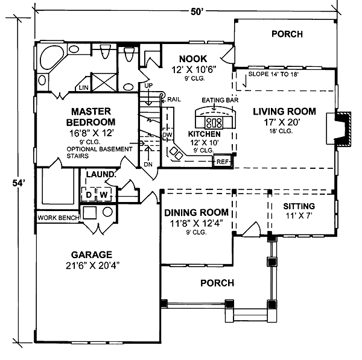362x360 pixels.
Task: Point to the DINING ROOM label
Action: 197,212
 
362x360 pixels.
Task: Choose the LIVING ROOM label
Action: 284,112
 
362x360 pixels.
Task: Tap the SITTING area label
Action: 299,206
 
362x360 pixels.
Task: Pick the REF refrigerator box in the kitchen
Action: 223,161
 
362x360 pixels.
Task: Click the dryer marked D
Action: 88,195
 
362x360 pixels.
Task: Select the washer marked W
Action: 103,195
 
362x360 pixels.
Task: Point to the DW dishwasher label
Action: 168,134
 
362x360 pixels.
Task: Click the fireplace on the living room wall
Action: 342,128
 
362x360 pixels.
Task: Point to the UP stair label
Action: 147,86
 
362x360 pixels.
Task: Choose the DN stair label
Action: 148,165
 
